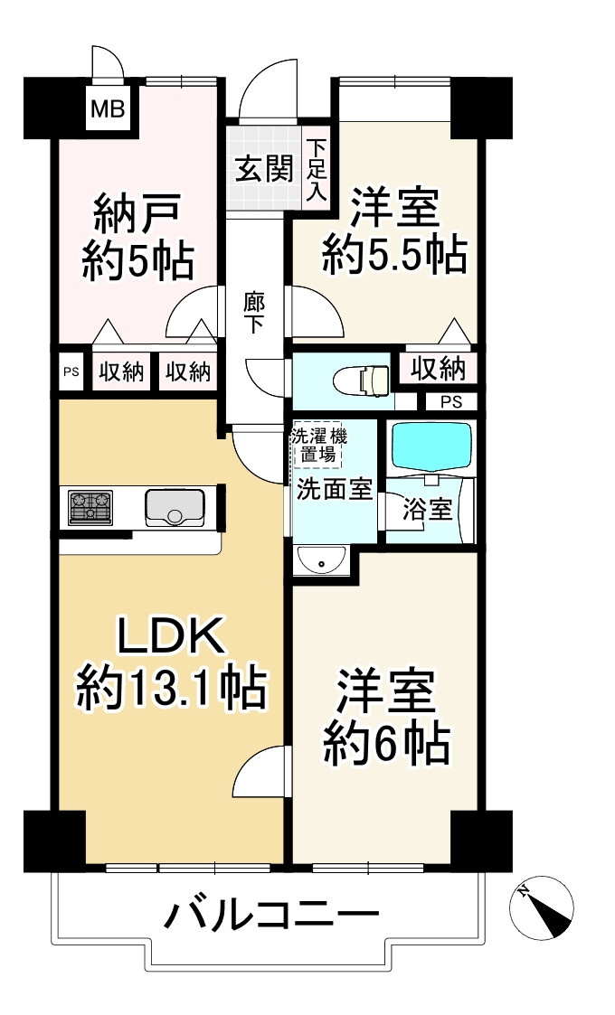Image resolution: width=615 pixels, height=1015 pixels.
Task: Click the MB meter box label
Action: (108, 111)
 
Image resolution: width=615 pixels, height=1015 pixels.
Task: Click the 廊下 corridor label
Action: (254, 312)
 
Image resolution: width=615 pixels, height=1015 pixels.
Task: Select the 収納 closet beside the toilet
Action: (438, 369)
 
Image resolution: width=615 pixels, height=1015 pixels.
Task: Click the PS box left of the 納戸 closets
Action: (71, 371)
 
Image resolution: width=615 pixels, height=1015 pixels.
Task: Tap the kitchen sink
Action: (177, 507)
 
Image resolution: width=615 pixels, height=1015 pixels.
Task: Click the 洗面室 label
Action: (335, 491)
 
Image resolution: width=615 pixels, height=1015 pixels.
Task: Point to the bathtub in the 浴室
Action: (431, 444)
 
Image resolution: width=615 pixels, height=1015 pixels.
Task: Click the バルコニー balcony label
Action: (270, 916)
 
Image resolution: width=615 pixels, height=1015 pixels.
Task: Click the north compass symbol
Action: (543, 909)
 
